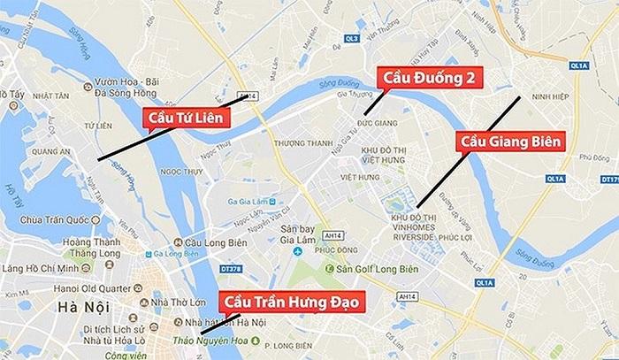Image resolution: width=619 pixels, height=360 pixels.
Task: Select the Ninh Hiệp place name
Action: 545,96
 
